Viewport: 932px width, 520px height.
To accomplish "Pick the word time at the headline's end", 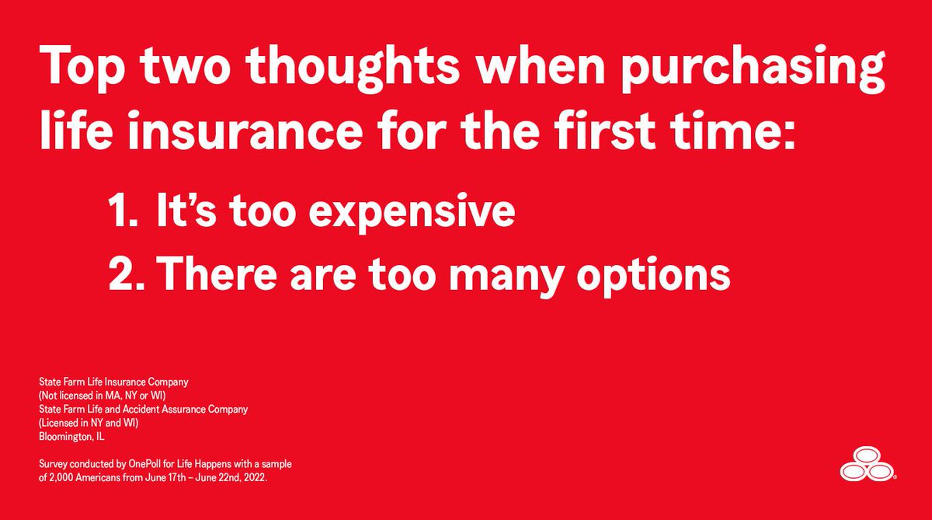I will (741, 134).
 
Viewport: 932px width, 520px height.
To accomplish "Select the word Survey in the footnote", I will (53, 464).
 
